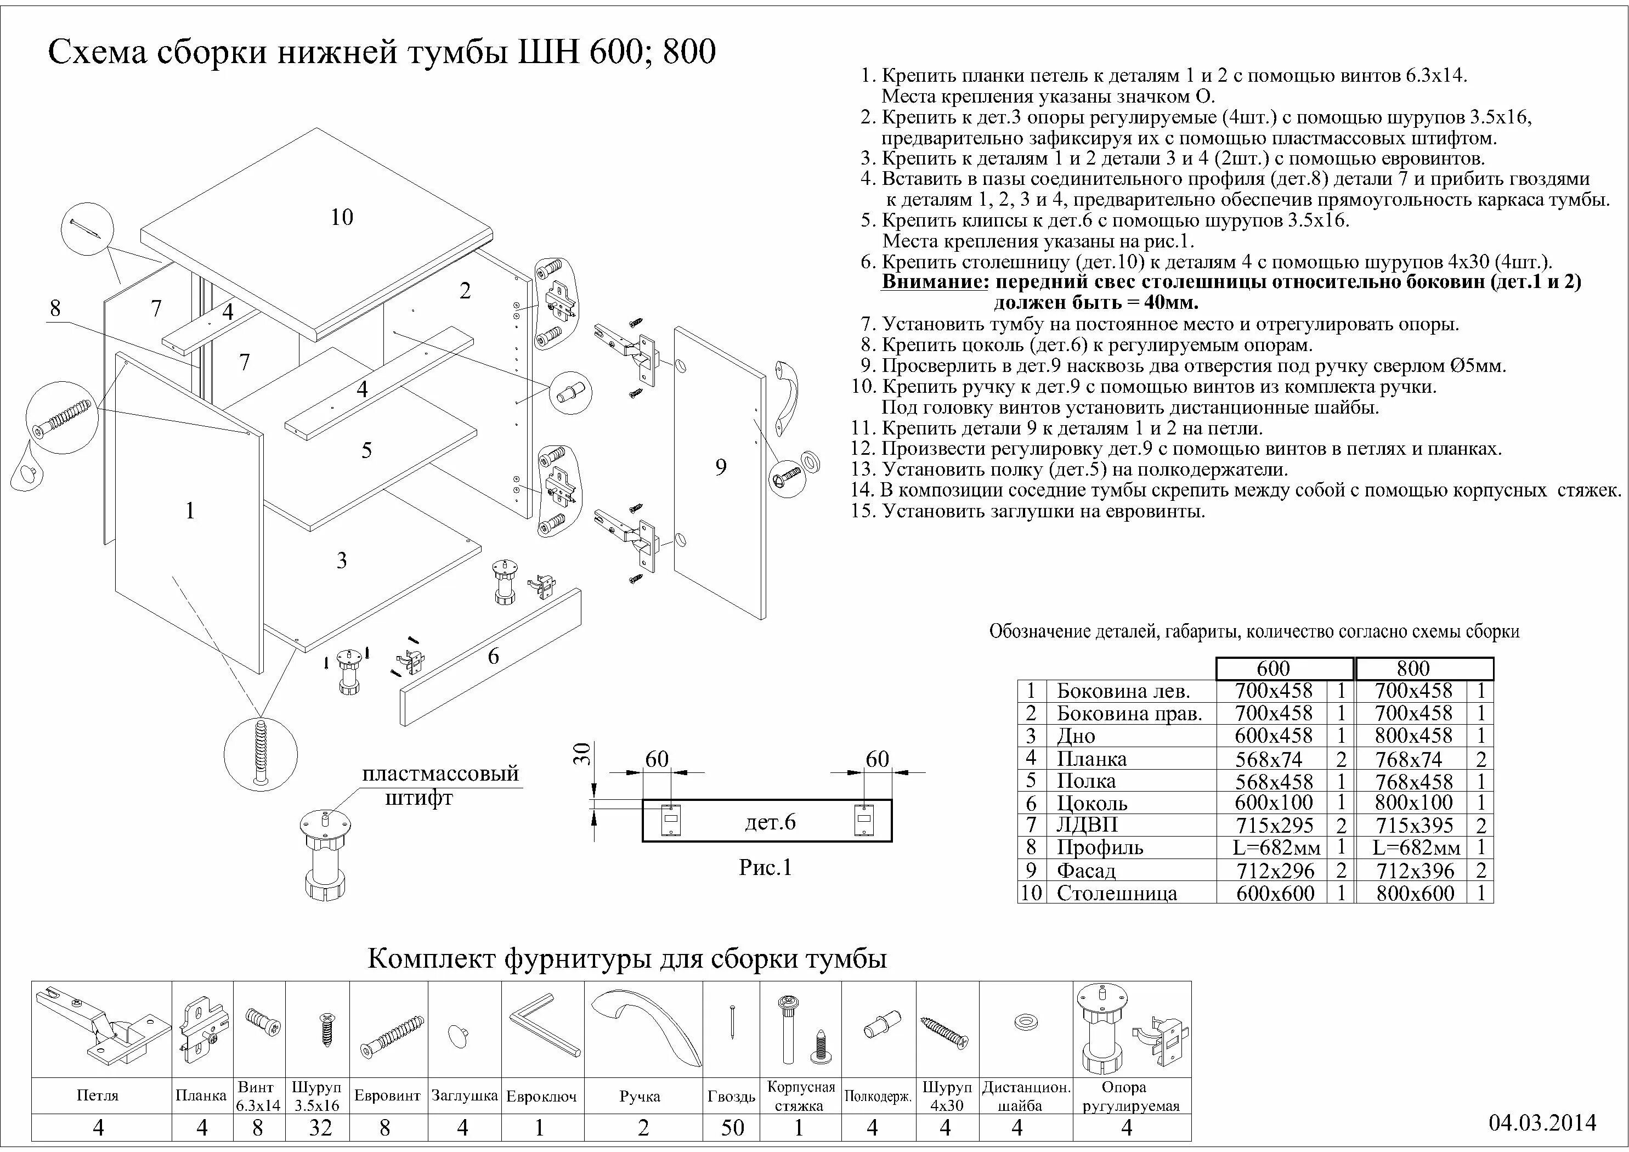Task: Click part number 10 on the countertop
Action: (x=341, y=217)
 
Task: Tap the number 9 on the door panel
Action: (x=721, y=467)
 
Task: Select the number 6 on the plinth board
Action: (x=493, y=656)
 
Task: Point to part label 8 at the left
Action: (x=55, y=308)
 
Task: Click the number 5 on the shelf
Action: (x=366, y=450)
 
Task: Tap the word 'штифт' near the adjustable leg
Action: (x=418, y=798)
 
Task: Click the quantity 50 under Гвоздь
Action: (x=732, y=1127)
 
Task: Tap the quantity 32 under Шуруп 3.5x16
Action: (x=321, y=1127)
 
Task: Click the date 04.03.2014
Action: (x=1542, y=1122)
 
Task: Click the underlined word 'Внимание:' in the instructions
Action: (x=935, y=283)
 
